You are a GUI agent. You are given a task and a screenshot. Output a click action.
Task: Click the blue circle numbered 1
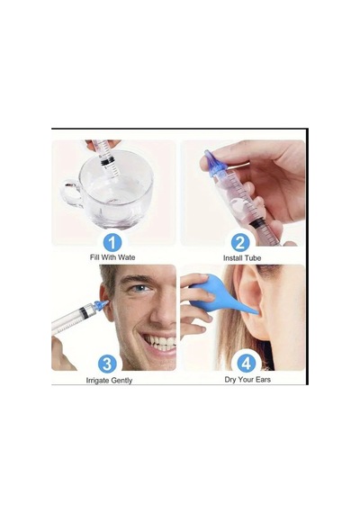point(112,243)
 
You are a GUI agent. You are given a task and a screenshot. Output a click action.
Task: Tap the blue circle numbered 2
point(240,243)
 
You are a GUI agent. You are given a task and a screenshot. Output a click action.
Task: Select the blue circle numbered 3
point(107,364)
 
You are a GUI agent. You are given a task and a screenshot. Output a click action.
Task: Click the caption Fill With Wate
point(112,257)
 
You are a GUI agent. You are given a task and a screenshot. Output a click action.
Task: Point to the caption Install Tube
point(242,258)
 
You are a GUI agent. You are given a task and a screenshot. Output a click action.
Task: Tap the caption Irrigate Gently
point(109,381)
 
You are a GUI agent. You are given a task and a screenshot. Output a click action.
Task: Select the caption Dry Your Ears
point(247,380)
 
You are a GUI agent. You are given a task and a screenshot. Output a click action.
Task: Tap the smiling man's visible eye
point(141,288)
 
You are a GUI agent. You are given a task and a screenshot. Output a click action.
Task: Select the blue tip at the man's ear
point(100,305)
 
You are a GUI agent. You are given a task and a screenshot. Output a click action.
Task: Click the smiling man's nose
point(164,310)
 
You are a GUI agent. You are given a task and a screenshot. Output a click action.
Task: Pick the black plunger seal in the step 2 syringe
point(258,224)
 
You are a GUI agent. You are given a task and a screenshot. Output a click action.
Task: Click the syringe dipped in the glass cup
point(105,153)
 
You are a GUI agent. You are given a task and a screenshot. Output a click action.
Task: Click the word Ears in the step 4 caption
point(263,380)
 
